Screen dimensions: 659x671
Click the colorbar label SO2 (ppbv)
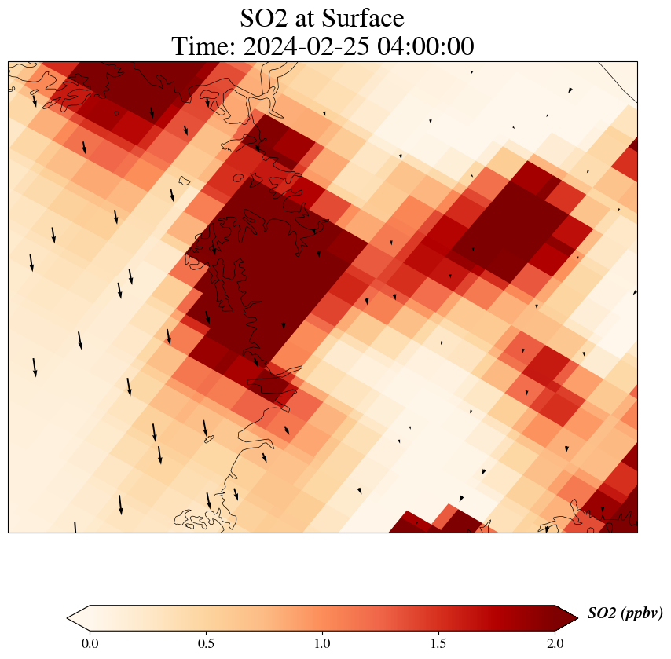click(x=625, y=613)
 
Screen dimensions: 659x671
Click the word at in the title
click(x=309, y=17)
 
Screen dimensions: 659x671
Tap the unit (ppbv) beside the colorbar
click(x=642, y=613)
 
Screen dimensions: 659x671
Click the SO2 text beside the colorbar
click(x=602, y=613)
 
